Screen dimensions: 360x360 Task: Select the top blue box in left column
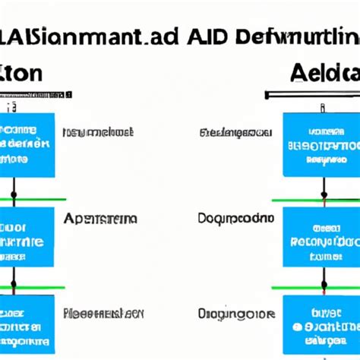pos(27,144)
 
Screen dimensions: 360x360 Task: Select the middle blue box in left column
pos(27,237)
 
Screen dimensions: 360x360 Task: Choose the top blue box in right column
pos(321,144)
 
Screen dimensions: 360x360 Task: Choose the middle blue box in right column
pos(321,237)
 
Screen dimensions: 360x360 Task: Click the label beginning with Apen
pos(100,219)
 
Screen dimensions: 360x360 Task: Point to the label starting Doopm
pos(235,219)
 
